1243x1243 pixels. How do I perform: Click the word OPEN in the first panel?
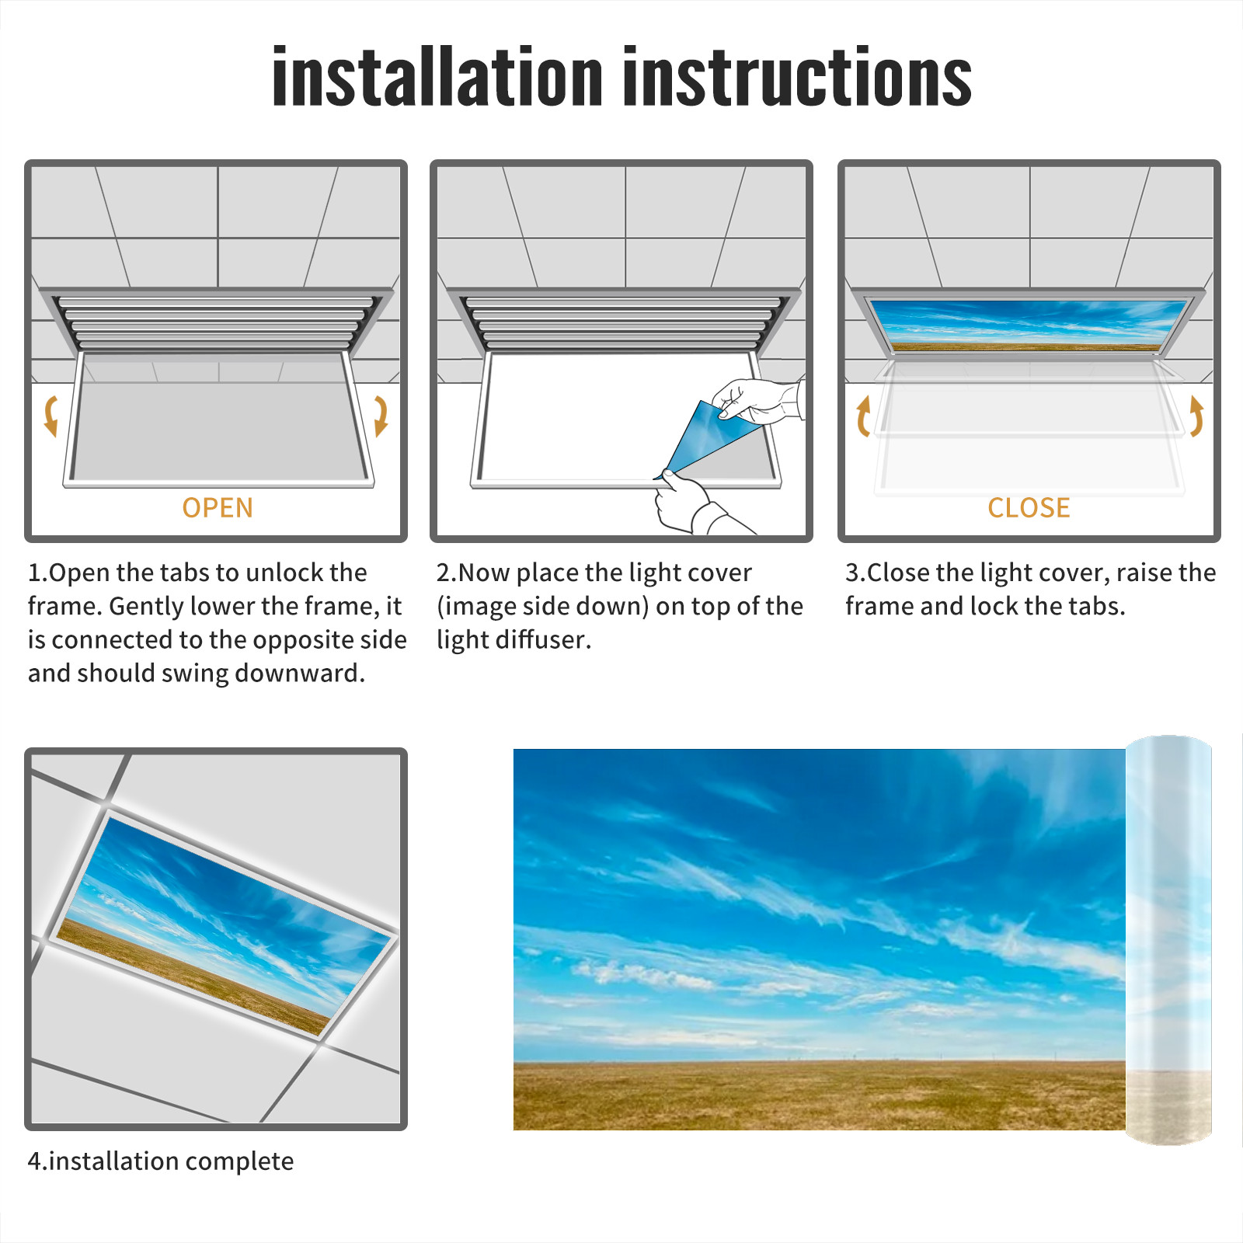pyautogui.click(x=218, y=508)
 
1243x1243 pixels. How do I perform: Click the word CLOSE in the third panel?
pyautogui.click(x=1029, y=508)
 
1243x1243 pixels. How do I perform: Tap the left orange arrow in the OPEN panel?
pyautogui.click(x=51, y=416)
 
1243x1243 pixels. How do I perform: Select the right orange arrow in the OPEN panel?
pyautogui.click(x=381, y=416)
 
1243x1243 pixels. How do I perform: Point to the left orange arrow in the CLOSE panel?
pyautogui.click(x=862, y=416)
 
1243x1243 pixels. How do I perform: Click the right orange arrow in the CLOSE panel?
pyautogui.click(x=1196, y=416)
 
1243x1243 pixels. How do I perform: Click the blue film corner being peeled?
pyautogui.click(x=703, y=439)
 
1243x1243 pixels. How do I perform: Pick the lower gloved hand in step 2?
pyautogui.click(x=695, y=505)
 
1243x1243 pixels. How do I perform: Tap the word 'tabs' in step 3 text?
pyautogui.click(x=1096, y=606)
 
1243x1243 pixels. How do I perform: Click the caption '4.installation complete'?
pyautogui.click(x=161, y=1161)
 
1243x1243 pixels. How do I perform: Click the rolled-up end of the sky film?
pyautogui.click(x=1168, y=940)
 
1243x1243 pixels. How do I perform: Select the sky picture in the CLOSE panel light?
pyautogui.click(x=1029, y=325)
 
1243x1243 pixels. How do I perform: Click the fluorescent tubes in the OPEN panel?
pyautogui.click(x=216, y=322)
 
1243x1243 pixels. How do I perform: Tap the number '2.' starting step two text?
pyautogui.click(x=447, y=573)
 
